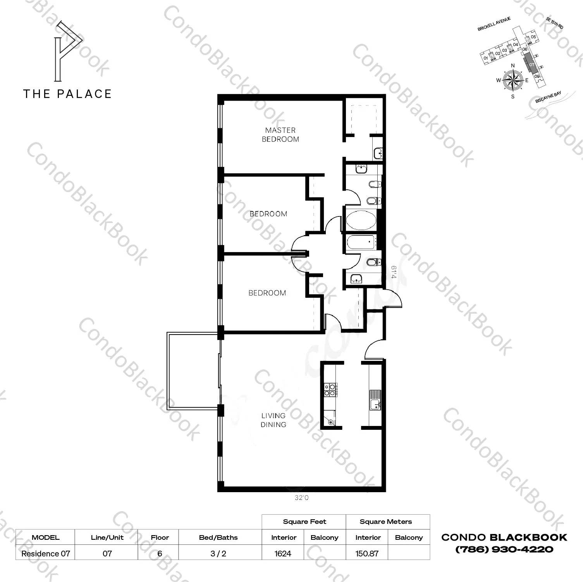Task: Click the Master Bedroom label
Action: [280, 135]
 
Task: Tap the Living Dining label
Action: [273, 420]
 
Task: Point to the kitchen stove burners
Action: [330, 389]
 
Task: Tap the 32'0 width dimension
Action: [301, 498]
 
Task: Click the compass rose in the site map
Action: [512, 81]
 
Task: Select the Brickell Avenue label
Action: [494, 24]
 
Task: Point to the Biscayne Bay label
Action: [548, 97]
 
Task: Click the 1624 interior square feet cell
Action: [283, 553]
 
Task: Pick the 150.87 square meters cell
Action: [367, 553]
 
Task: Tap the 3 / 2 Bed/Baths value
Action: [218, 553]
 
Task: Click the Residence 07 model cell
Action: [46, 553]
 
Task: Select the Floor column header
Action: [160, 537]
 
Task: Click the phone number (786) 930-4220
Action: [504, 549]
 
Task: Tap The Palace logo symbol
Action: [68, 51]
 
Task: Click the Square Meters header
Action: [386, 522]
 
